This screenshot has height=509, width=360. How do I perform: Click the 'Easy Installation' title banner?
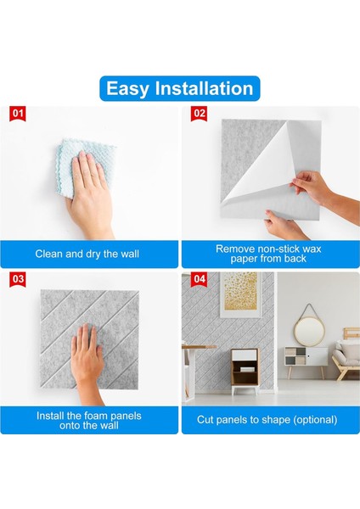coord(179,87)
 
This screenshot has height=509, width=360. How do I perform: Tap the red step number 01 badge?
coord(19,113)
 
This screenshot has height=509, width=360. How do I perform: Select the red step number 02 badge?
coord(200,113)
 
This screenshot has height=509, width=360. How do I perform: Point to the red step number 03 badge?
coord(19,278)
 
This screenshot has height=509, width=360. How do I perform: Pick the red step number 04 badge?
coord(200,278)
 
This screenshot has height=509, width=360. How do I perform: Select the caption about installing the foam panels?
coord(89,420)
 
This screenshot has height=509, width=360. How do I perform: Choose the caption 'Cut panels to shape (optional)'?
coord(270,420)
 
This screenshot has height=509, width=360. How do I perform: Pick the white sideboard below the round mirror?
coord(305,356)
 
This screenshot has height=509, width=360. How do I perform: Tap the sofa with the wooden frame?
coord(348,352)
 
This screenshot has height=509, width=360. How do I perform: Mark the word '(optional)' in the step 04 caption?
coord(311,420)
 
